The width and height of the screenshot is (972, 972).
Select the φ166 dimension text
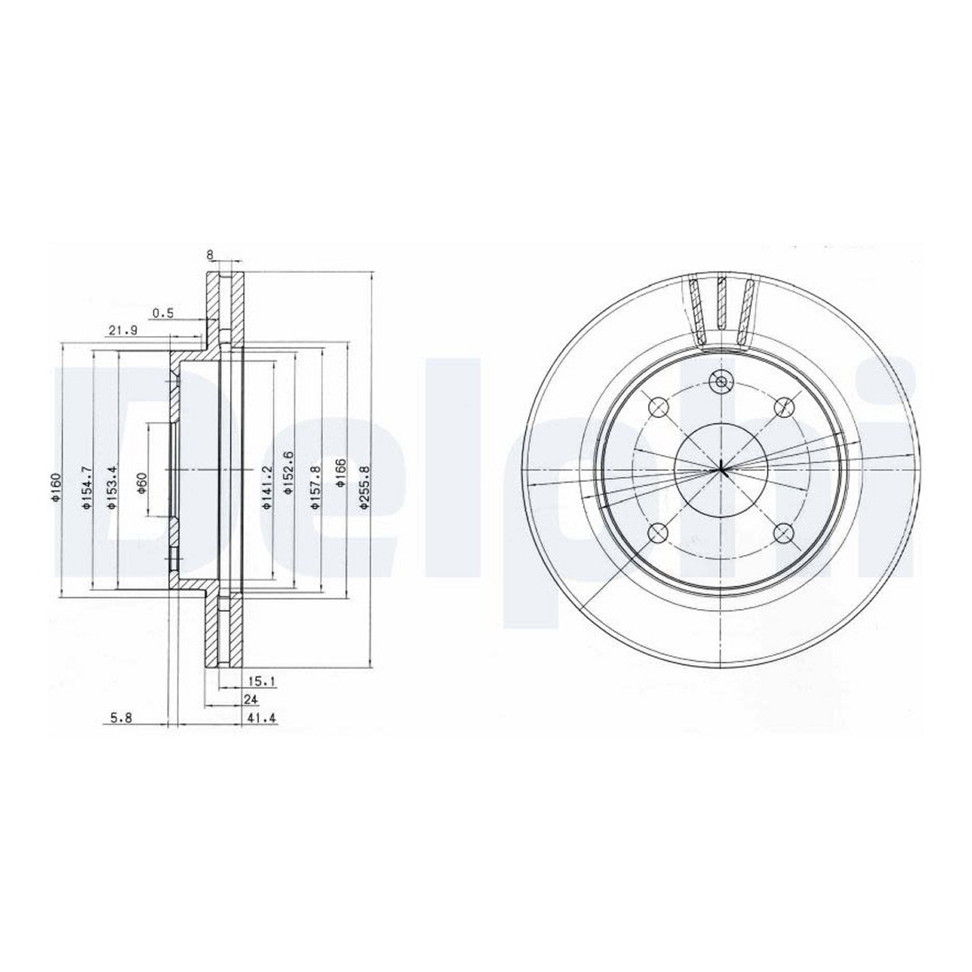pos(340,472)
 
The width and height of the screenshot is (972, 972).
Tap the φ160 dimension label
pos(56,488)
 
